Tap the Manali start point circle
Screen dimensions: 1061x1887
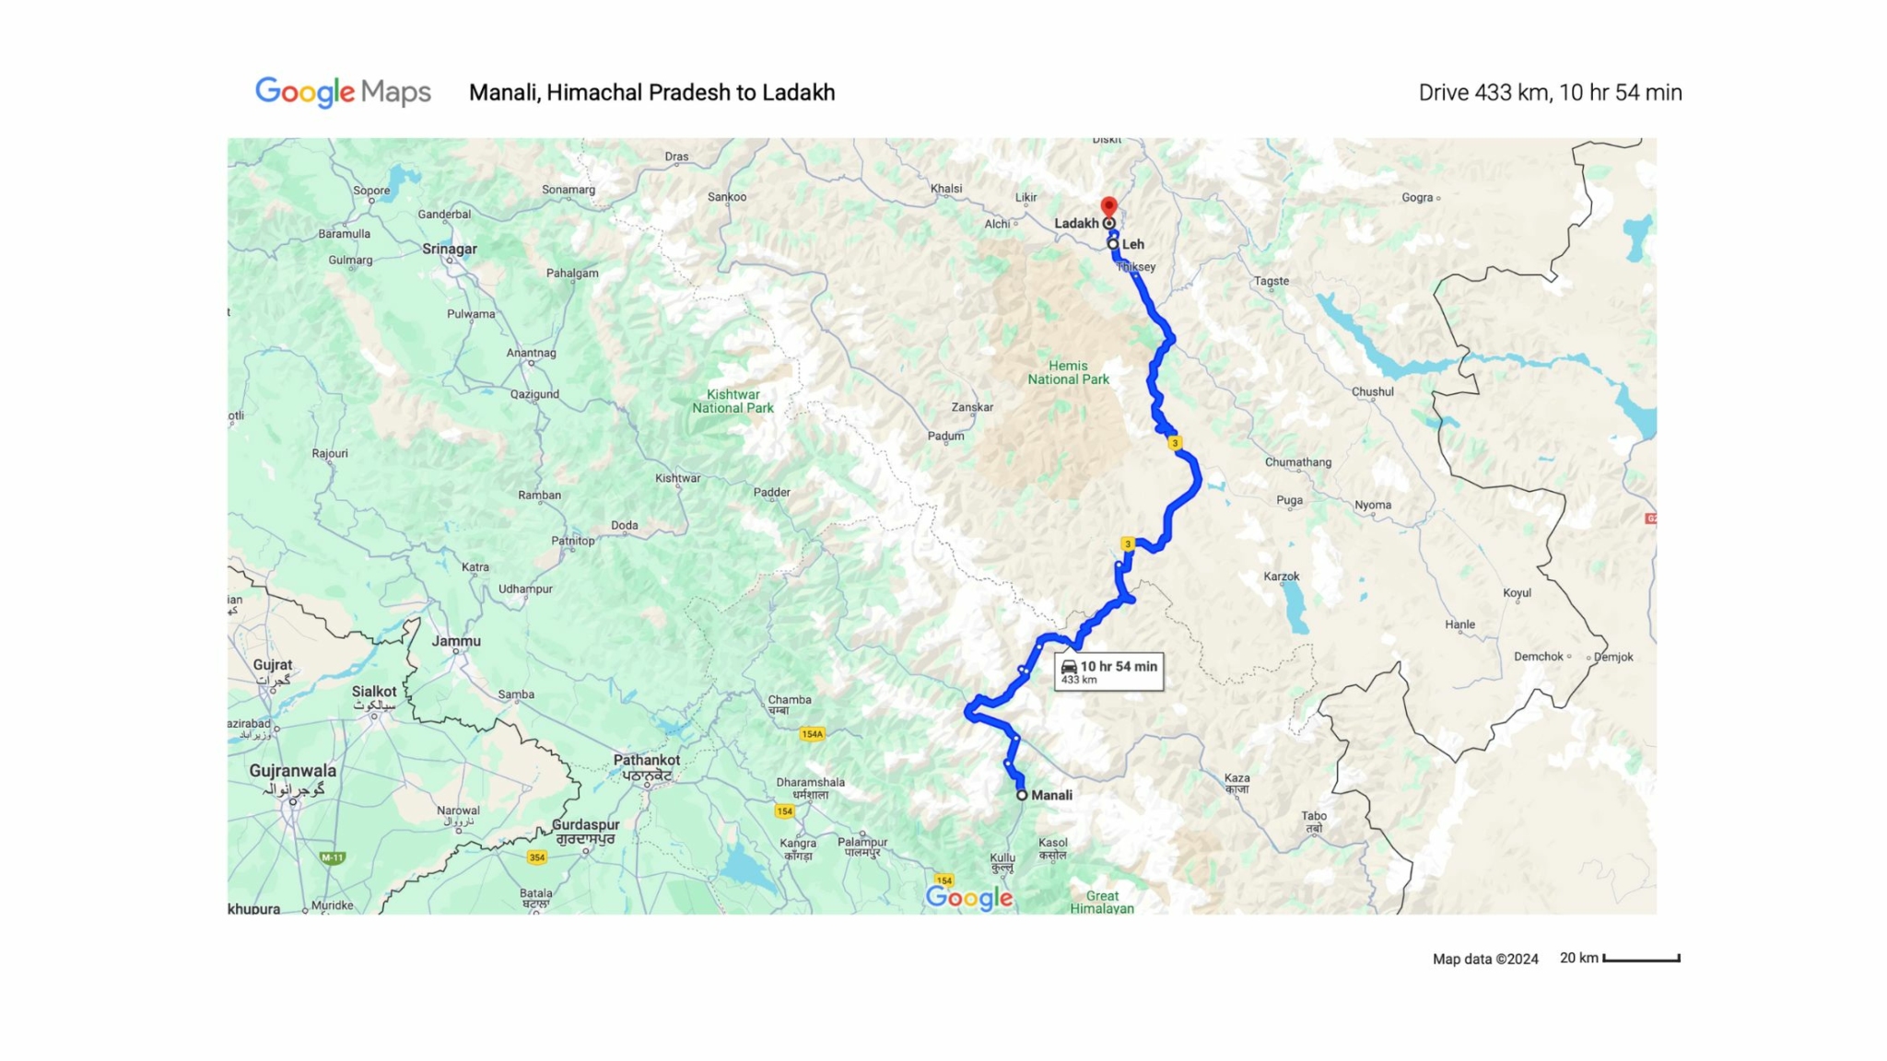point(1022,795)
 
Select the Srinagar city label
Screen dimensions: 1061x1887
point(450,249)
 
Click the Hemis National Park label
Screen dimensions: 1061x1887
point(1068,372)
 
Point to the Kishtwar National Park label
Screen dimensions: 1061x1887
point(733,401)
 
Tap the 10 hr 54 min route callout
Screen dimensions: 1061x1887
point(1108,671)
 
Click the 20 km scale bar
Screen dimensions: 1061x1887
point(1641,959)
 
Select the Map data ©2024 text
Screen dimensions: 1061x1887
point(1485,959)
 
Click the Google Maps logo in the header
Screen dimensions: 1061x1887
point(343,92)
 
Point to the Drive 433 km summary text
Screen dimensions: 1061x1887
point(1550,92)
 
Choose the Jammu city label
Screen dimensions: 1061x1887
point(456,641)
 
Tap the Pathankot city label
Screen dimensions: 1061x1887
point(647,761)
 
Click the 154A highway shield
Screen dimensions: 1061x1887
point(812,734)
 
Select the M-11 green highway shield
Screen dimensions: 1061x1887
point(332,857)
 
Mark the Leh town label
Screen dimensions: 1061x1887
point(1132,244)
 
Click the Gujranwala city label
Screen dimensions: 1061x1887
point(292,771)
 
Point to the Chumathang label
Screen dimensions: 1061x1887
point(1297,462)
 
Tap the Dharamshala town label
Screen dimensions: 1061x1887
point(810,783)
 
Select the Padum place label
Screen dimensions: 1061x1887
point(945,436)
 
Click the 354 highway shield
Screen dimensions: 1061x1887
point(537,857)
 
